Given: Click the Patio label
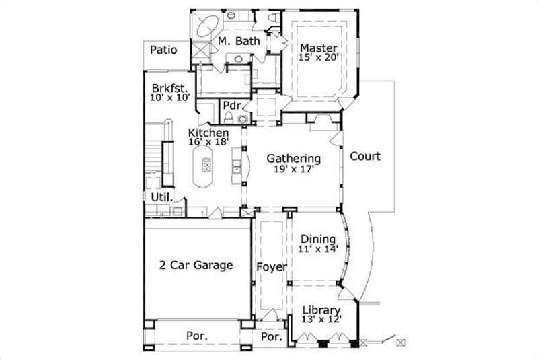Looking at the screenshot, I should click(163, 49).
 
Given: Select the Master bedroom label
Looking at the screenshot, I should click(317, 48).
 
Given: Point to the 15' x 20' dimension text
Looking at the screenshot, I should click(317, 58).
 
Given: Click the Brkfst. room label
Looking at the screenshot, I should click(168, 88).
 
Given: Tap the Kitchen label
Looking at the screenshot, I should click(208, 133).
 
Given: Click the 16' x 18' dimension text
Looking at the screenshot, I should click(208, 142).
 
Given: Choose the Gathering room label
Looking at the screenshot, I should click(293, 159).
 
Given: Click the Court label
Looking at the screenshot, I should click(364, 157).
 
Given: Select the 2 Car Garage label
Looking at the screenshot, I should click(196, 265).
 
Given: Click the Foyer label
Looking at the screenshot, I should click(272, 267).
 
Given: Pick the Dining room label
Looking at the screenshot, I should click(317, 239).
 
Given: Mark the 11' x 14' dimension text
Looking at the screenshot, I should click(317, 249).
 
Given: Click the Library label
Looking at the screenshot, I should click(320, 310).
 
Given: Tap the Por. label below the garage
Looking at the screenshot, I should click(196, 335).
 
